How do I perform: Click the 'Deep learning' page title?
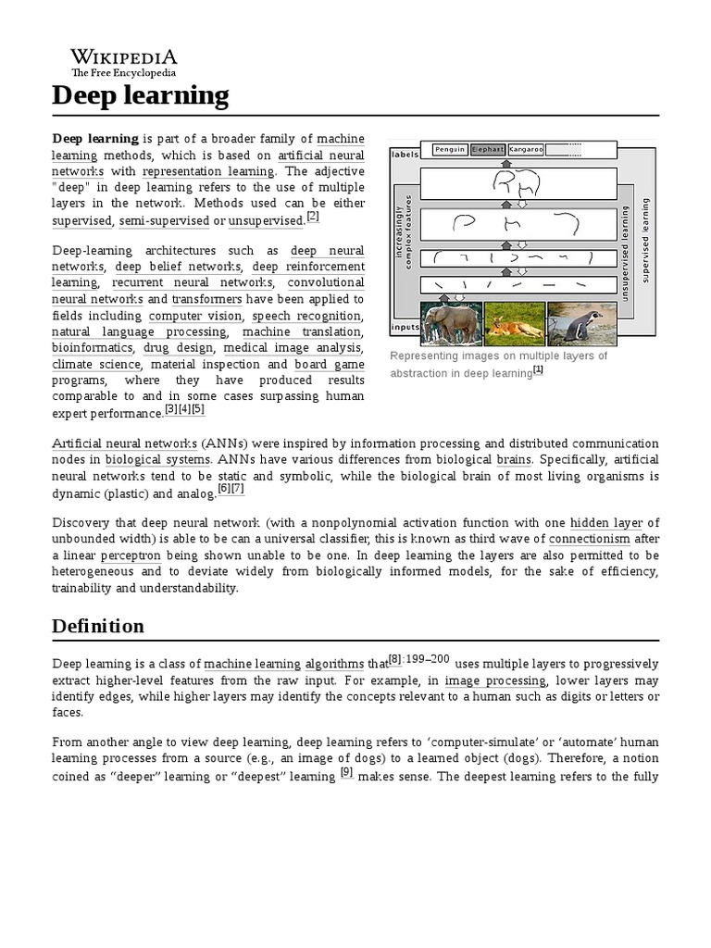(139, 94)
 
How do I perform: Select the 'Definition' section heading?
(96, 626)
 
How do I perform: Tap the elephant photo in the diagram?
(451, 323)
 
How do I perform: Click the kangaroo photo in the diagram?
(513, 323)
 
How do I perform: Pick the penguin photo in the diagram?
(575, 323)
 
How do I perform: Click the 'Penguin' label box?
(450, 149)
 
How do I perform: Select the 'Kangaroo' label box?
(525, 149)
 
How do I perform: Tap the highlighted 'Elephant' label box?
(487, 149)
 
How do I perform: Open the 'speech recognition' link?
(307, 316)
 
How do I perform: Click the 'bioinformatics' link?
(94, 349)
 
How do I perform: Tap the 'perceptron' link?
(131, 555)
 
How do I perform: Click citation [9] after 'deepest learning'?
(347, 775)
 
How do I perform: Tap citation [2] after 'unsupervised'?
(313, 217)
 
